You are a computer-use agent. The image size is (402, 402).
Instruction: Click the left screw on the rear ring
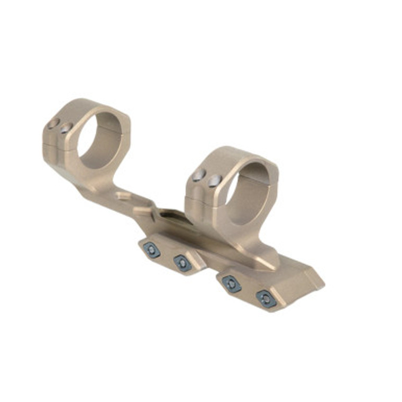click(x=53, y=123)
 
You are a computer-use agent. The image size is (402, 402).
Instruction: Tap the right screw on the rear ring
click(x=66, y=127)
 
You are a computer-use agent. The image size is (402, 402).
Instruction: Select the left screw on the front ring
click(x=199, y=175)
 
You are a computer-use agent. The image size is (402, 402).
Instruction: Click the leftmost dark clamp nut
click(x=152, y=250)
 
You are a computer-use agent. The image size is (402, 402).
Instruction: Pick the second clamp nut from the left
click(x=182, y=262)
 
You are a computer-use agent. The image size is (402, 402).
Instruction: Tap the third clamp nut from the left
click(x=232, y=284)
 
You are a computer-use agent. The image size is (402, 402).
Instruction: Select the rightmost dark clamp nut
click(x=266, y=299)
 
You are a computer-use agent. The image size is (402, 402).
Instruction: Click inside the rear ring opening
click(x=100, y=140)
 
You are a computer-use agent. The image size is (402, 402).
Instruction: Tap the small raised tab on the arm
click(x=123, y=196)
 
